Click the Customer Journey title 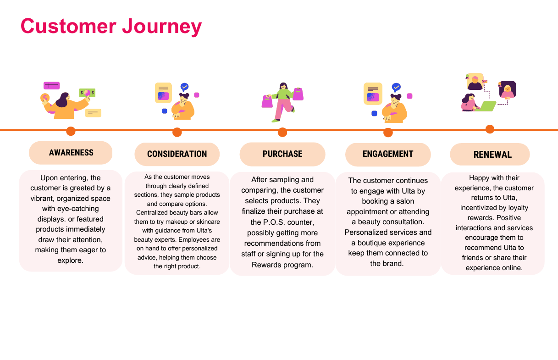(111, 26)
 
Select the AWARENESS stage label (71, 153)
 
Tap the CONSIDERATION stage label (177, 154)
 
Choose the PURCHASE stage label (282, 154)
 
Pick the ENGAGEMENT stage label (388, 154)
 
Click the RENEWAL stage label (492, 155)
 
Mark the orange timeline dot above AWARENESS (71, 131)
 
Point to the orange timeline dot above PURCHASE (282, 132)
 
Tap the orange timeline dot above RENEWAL (490, 129)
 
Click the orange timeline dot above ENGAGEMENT (388, 133)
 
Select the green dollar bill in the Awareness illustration (87, 93)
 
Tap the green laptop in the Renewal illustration (487, 106)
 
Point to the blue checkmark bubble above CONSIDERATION (184, 87)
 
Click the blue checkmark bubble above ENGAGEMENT (396, 87)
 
